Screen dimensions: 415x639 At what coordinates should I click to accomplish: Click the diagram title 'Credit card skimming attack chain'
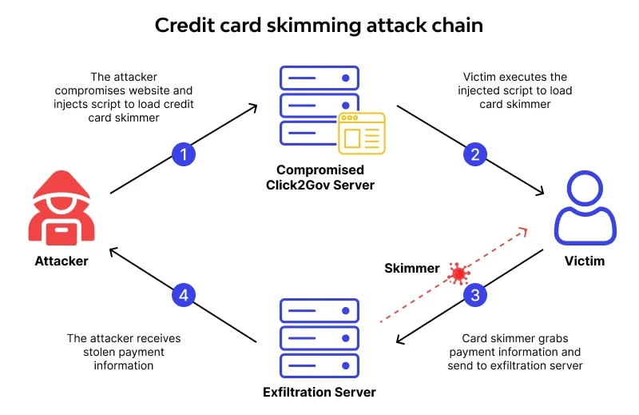[x=319, y=25]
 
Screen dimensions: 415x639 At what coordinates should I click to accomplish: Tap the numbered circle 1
[x=184, y=154]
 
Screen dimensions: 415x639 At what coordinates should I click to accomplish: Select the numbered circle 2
[x=475, y=154]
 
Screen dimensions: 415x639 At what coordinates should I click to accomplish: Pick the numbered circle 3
[x=476, y=295]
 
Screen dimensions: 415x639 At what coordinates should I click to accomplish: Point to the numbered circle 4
[x=184, y=295]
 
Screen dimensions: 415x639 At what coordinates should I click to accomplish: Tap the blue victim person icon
[x=585, y=210]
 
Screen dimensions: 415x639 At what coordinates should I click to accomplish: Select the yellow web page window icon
[x=362, y=132]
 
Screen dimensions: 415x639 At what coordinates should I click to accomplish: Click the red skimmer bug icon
[x=458, y=273]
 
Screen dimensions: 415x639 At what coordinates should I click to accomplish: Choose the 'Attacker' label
[x=62, y=261]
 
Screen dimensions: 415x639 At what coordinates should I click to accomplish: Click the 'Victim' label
[x=585, y=261]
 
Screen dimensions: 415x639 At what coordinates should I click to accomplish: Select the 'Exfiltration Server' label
[x=319, y=393]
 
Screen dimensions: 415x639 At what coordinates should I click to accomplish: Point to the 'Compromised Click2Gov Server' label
[x=319, y=178]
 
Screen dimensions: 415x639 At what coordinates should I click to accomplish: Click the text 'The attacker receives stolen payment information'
[x=124, y=352]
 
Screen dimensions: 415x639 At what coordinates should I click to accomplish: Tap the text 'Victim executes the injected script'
[x=515, y=90]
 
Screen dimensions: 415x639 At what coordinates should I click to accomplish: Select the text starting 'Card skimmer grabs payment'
[x=514, y=352]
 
